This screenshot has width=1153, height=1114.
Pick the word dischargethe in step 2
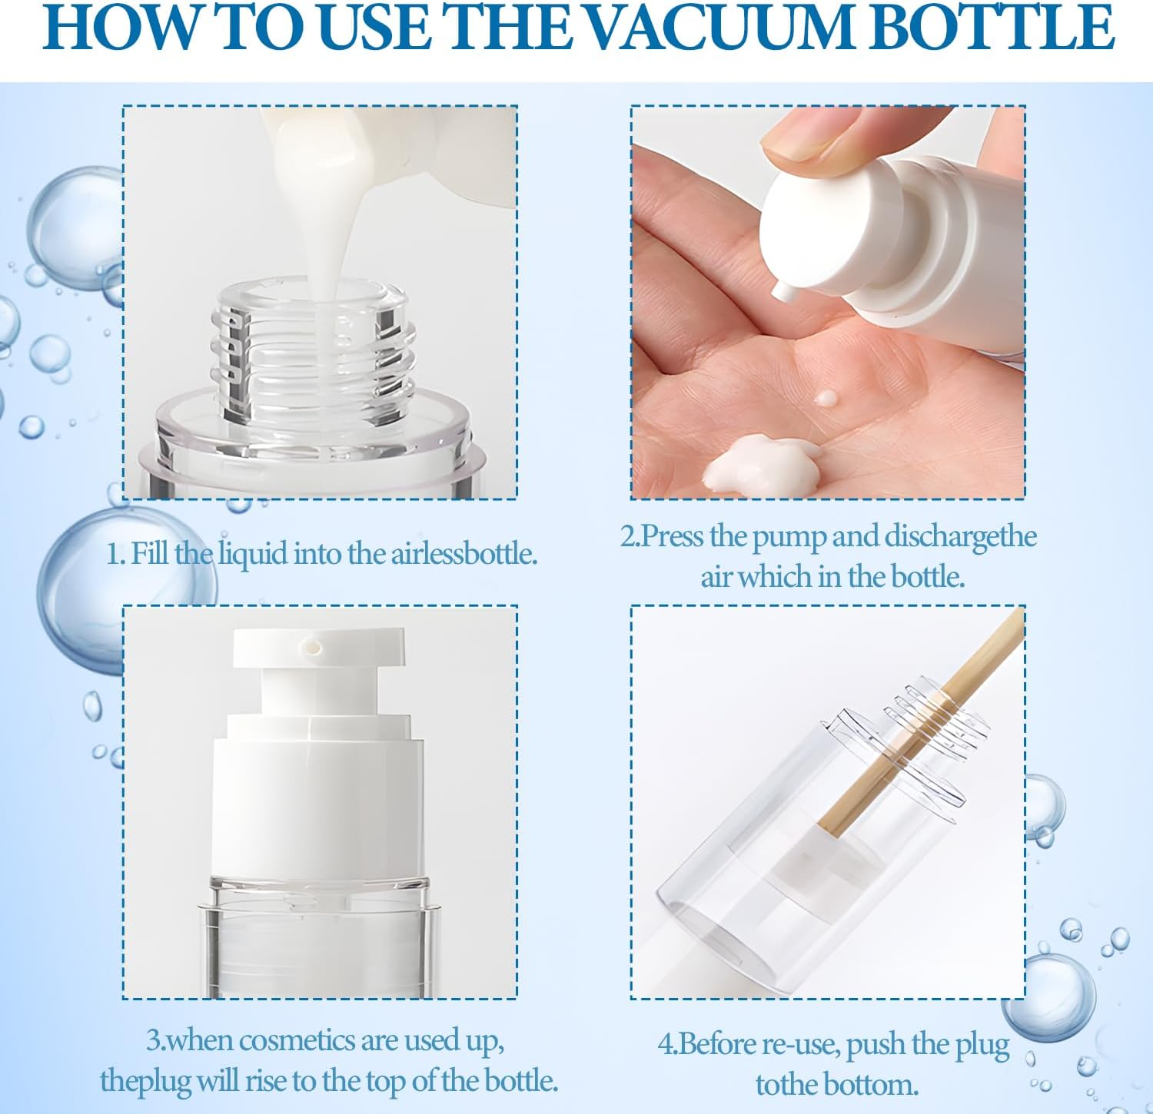point(960,537)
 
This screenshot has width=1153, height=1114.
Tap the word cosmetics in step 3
point(280,1040)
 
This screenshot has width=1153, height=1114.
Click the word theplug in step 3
point(145,1081)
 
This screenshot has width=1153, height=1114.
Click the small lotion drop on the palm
point(826,398)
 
